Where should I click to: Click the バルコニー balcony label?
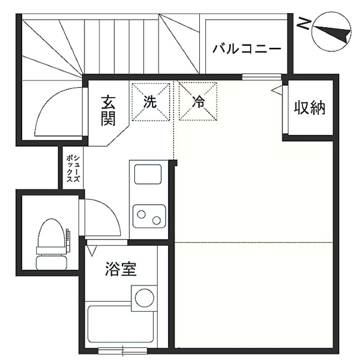(x=247, y=49)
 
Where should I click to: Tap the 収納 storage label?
(x=309, y=107)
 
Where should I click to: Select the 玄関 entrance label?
(x=108, y=111)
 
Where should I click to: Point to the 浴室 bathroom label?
(x=121, y=268)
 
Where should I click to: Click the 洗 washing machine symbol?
(x=151, y=102)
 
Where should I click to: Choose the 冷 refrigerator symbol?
(x=198, y=102)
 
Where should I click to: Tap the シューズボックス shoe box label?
(x=73, y=169)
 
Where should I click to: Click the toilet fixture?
(x=52, y=244)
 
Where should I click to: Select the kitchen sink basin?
(x=148, y=174)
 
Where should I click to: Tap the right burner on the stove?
(x=157, y=221)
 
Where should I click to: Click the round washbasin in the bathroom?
(x=144, y=298)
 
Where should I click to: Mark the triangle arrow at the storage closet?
(x=277, y=90)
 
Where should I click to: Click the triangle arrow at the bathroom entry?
(x=92, y=251)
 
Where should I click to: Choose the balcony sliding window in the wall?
(x=262, y=77)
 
